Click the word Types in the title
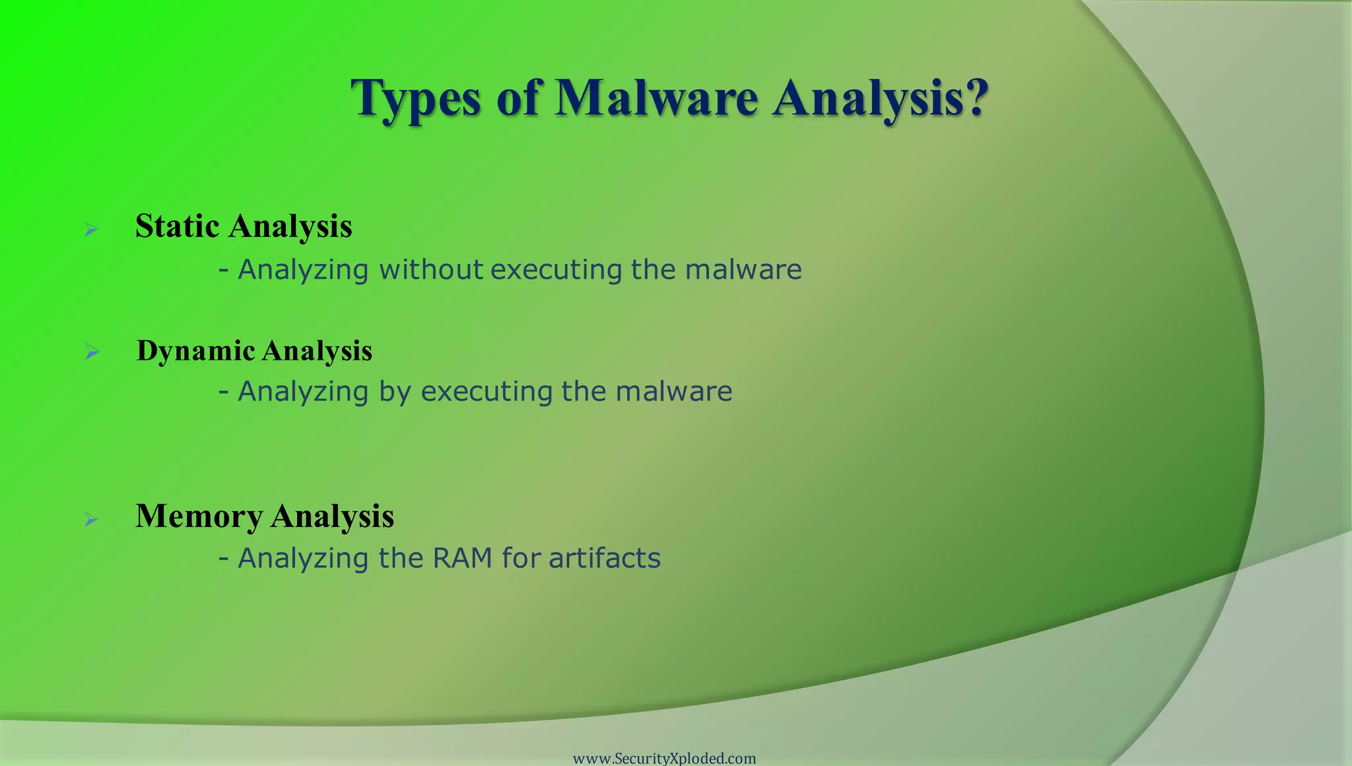(415, 99)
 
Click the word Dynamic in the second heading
(195, 351)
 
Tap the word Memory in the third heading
(199, 516)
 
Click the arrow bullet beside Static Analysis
(91, 230)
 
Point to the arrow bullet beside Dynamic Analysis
(92, 352)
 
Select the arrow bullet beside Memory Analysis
(91, 520)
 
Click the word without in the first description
(430, 269)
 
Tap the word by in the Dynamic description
(394, 392)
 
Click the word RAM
(462, 558)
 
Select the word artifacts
(604, 558)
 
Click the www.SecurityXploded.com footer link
(664, 758)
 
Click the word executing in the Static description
(556, 269)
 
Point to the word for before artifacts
(521, 558)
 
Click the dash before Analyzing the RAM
(224, 558)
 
